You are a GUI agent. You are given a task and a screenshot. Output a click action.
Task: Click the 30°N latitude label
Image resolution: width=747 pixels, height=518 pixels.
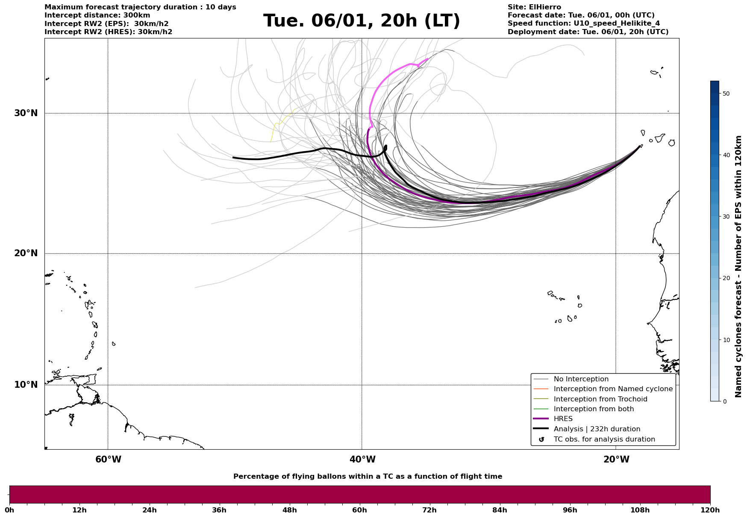[26, 113]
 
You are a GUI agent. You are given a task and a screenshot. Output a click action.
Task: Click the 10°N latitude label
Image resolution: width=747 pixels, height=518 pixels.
[26, 385]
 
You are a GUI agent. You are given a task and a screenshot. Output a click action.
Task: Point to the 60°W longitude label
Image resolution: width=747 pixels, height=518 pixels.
[108, 459]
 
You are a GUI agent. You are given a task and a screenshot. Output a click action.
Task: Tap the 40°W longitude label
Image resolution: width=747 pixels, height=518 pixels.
[362, 459]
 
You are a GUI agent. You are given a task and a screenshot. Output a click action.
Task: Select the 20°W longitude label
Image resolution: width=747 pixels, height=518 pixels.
[616, 459]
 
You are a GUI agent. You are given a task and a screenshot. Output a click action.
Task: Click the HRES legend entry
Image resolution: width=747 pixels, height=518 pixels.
[563, 419]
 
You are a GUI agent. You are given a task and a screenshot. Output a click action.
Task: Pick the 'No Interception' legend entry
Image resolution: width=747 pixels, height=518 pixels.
[581, 379]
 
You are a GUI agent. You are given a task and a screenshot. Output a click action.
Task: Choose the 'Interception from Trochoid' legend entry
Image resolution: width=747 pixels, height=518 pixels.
[600, 399]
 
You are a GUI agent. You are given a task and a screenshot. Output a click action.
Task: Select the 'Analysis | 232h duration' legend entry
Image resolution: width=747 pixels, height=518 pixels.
[597, 429]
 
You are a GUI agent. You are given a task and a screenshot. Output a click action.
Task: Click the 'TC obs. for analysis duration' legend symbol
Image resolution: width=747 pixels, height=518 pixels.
[541, 439]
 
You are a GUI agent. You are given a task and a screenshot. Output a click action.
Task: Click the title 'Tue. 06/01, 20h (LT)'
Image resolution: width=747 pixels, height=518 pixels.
[362, 21]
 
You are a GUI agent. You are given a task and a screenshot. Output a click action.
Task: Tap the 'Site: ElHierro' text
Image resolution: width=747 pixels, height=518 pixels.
[534, 7]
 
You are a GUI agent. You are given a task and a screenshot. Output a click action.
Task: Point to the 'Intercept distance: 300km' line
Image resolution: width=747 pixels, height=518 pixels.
[97, 15]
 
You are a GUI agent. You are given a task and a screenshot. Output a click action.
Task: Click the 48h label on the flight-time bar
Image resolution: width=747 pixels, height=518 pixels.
[289, 510]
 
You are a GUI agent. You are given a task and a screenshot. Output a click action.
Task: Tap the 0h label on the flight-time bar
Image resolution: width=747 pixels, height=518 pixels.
[9, 510]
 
